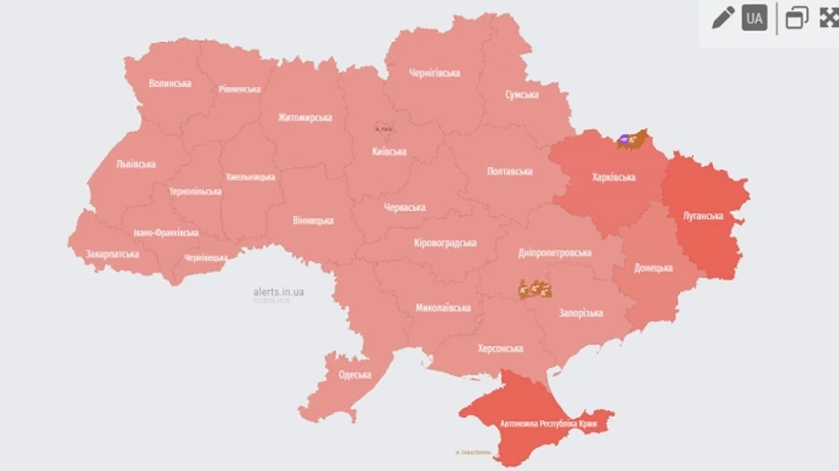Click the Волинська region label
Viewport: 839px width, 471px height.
point(170,83)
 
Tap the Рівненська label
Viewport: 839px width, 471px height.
point(240,90)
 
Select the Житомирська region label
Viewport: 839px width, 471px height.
point(305,118)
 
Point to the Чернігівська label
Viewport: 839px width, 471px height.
point(434,73)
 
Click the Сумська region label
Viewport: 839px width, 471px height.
point(521,95)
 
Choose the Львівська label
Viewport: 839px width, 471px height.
point(136,164)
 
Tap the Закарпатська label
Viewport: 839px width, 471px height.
point(112,254)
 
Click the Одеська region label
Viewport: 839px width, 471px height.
point(354,375)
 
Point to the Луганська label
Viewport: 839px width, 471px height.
point(703,216)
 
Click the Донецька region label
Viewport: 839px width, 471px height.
point(653,268)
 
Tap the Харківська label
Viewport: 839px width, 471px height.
point(613,177)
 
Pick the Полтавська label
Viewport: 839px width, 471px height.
point(510,172)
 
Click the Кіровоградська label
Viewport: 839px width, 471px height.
point(445,242)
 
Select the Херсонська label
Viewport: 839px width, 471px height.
point(500,349)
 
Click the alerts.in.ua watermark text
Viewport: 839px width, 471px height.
point(278,292)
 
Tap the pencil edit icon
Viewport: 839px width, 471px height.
point(722,18)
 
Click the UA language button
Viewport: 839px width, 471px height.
point(754,18)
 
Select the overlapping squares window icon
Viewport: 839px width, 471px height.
point(796,18)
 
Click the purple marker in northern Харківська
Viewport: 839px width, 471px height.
point(624,141)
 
